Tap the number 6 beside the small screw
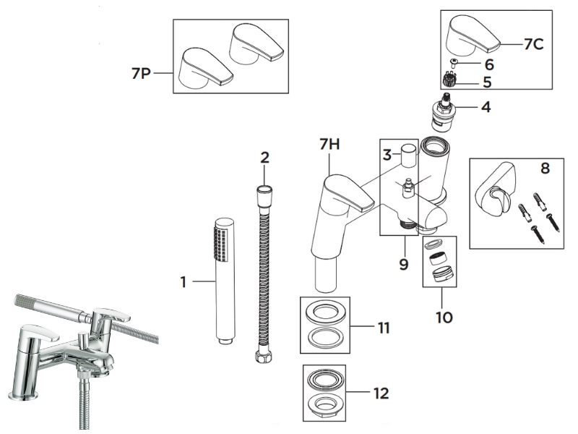click(489, 64)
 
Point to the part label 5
click(487, 82)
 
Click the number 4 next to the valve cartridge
click(486, 108)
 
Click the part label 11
click(383, 328)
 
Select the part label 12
click(381, 393)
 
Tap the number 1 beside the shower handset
click(184, 282)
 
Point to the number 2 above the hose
click(265, 157)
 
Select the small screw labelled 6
click(452, 64)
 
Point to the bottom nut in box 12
click(325, 405)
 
